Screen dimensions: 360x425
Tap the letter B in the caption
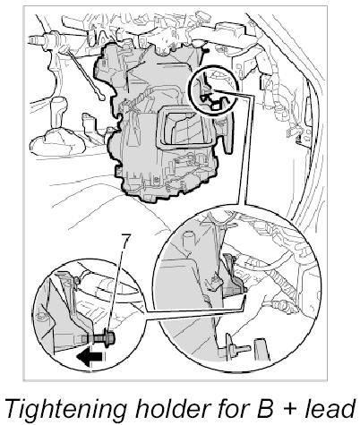tap(264, 408)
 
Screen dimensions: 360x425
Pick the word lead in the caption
tap(330, 408)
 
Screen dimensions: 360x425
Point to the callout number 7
tap(125, 242)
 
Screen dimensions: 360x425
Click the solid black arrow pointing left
tap(91, 357)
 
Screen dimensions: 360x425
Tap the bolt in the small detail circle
tap(100, 339)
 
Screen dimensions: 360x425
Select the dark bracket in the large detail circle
tap(232, 276)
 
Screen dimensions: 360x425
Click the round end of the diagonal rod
tap(101, 97)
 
